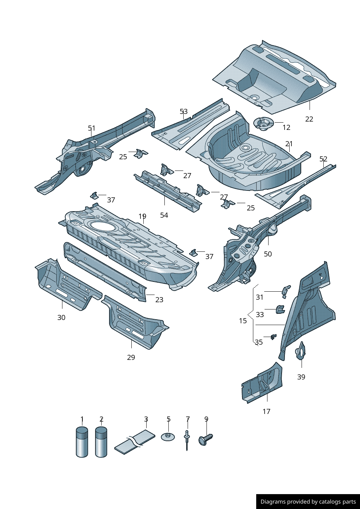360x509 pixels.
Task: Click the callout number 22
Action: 309,119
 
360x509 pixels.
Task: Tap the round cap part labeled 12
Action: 263,123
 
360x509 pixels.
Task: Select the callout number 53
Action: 184,111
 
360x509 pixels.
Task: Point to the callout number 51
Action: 91,128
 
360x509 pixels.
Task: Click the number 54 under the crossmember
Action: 164,215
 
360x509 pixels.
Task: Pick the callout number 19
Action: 142,217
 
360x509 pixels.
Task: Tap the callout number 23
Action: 159,300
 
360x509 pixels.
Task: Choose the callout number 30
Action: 61,317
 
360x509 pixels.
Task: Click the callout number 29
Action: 131,357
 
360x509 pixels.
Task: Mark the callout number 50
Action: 268,254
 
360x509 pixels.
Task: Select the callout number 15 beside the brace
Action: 243,321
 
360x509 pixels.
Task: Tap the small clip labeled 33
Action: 280,309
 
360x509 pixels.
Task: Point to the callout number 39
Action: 301,377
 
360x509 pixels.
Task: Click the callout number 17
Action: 266,411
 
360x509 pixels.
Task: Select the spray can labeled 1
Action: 82,442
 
